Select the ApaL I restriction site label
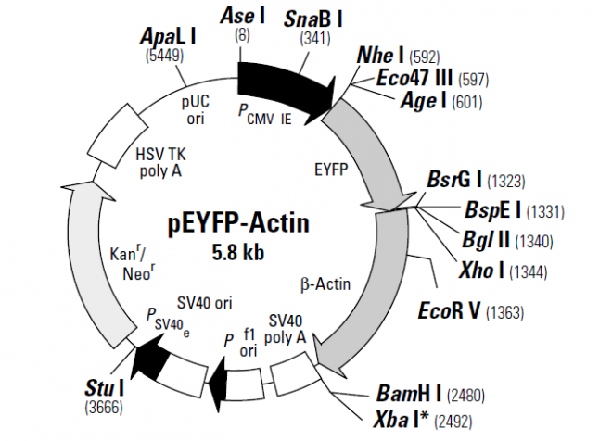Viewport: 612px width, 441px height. click(168, 36)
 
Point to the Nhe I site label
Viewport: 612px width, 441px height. click(380, 57)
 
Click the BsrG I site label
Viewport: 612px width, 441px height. click(452, 176)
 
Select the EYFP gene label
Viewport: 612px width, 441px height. click(331, 170)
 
